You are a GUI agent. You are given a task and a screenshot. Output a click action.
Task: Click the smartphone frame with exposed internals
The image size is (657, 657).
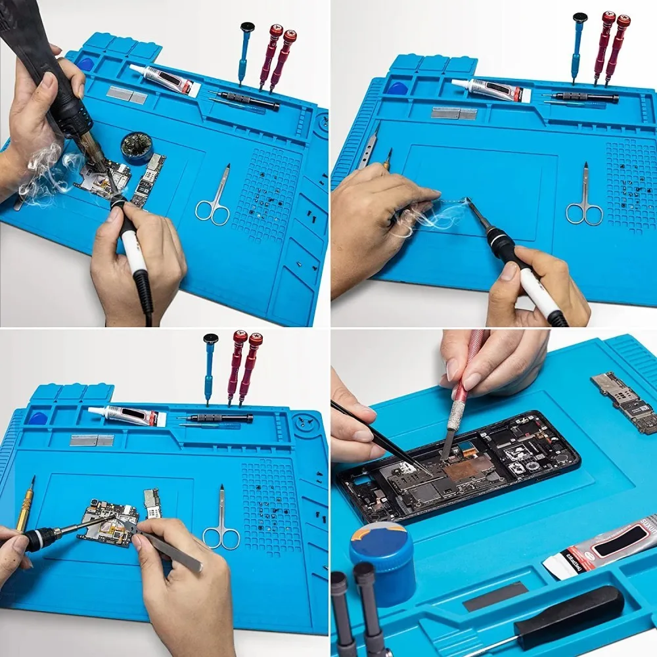(x=460, y=466)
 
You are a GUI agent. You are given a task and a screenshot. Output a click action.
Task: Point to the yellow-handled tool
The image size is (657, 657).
(x=25, y=505)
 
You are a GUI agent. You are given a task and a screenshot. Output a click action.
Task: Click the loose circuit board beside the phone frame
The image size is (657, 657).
(x=624, y=402)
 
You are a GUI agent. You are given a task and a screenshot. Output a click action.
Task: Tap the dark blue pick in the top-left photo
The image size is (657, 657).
(x=86, y=64)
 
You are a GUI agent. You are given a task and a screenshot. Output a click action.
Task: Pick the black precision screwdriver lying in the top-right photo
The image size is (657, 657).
(x=585, y=98)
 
